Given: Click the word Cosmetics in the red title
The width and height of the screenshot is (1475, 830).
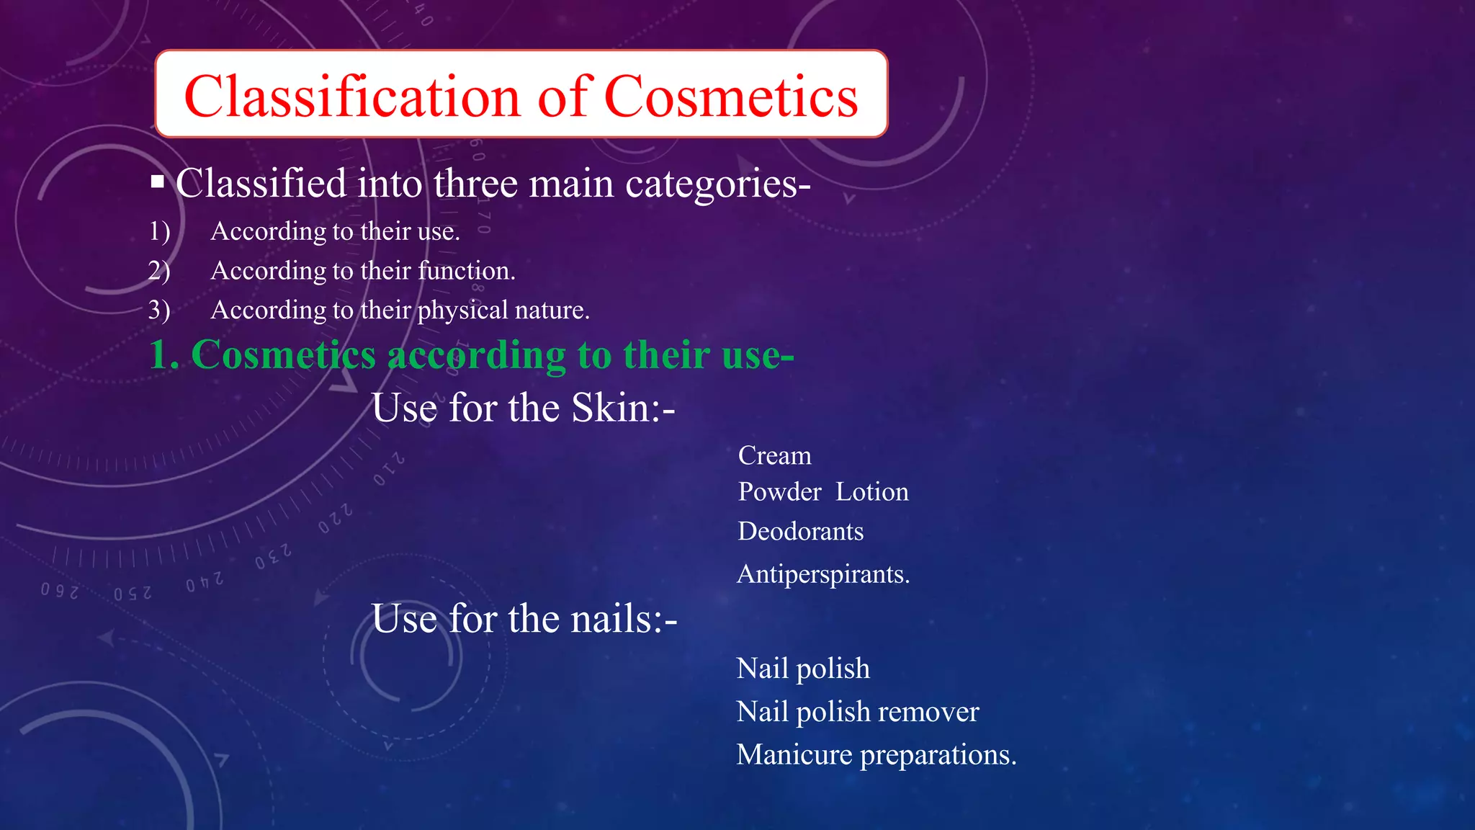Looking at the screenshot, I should [x=731, y=97].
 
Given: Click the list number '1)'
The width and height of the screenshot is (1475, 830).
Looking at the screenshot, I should [x=159, y=231].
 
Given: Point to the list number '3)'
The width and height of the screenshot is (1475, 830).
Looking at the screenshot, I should [x=159, y=310].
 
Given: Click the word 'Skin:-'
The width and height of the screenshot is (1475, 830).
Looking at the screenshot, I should [x=623, y=409].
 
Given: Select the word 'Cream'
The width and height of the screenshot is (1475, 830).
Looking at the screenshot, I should [x=775, y=456].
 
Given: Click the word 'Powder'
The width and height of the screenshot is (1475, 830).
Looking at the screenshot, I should [x=779, y=492].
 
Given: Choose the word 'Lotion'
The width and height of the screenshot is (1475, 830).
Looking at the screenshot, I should [x=872, y=492].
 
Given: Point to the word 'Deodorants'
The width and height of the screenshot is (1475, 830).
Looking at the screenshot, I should [x=801, y=532].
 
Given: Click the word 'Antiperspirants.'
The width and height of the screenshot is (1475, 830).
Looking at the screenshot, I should [x=823, y=575].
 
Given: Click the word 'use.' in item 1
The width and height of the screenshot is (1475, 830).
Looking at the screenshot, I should [x=438, y=232].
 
